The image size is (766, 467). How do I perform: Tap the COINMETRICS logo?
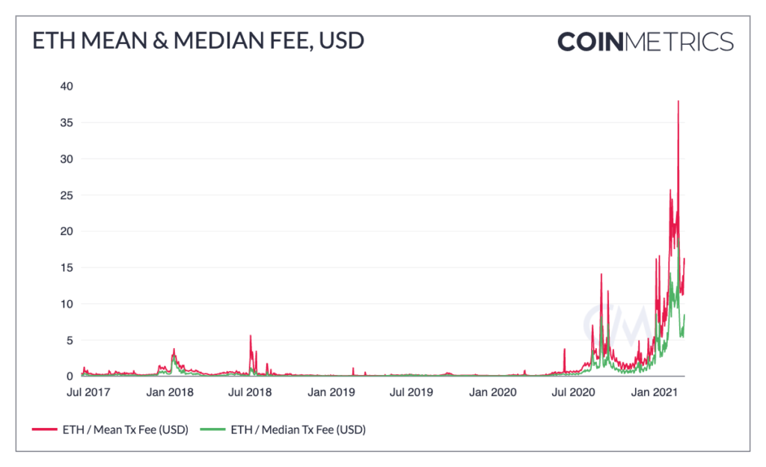[x=645, y=41]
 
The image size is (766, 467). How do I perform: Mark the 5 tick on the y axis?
[x=69, y=340]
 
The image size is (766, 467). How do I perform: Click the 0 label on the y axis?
[x=69, y=376]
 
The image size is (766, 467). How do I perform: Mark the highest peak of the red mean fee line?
[x=678, y=102]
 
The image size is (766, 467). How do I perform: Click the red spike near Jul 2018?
[x=251, y=336]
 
